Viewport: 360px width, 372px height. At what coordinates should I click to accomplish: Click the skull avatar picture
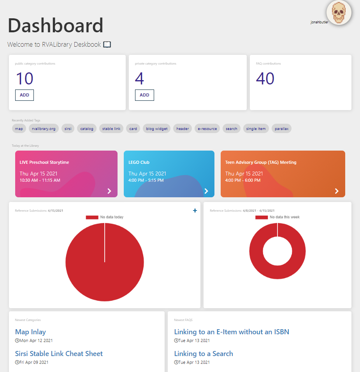click(x=339, y=12)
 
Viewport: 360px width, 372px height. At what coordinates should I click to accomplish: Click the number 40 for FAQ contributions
click(x=265, y=79)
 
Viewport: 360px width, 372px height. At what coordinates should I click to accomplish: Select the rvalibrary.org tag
click(x=44, y=128)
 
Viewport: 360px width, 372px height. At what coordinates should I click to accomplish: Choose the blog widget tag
click(x=156, y=128)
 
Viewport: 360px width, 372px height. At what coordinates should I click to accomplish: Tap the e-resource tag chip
click(x=207, y=128)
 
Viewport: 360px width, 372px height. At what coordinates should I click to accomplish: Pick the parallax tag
click(x=281, y=128)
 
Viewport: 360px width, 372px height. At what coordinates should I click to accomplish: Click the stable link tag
click(x=111, y=128)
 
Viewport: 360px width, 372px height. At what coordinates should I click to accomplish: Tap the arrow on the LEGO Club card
click(x=206, y=191)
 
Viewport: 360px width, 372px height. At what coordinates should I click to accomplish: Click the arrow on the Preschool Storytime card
click(x=109, y=191)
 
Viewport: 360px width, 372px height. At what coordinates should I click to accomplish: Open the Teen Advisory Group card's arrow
click(x=337, y=191)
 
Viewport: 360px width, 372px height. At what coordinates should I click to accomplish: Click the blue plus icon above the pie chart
click(x=195, y=211)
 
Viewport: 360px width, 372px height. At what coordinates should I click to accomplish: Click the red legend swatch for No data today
click(x=92, y=217)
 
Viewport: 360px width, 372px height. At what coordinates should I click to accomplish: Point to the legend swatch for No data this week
click(x=262, y=217)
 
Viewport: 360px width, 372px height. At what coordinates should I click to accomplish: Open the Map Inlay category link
click(x=30, y=332)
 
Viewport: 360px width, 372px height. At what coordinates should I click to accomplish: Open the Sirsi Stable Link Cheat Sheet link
click(x=59, y=353)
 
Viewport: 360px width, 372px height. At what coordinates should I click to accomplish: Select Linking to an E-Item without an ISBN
click(x=232, y=332)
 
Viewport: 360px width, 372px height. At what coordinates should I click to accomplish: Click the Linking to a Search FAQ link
click(x=204, y=353)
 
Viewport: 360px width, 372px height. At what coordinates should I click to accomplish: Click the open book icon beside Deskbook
click(x=107, y=44)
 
